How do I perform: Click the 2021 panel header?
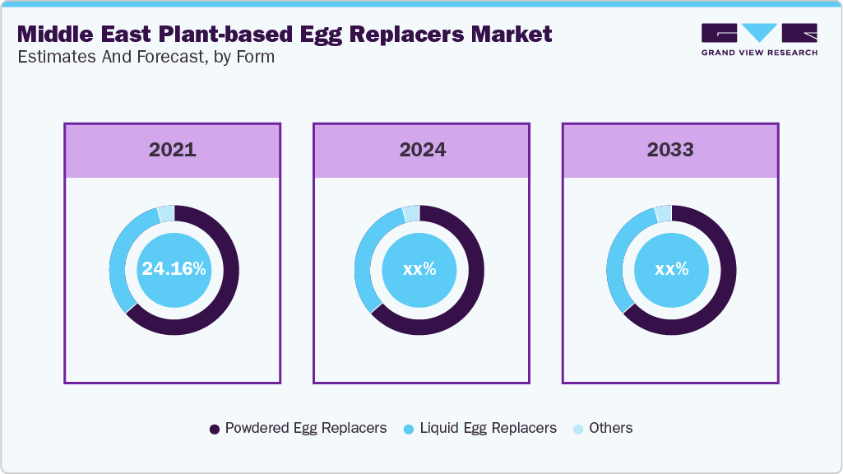click(x=173, y=150)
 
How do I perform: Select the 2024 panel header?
click(x=422, y=150)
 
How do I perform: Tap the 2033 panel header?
click(x=670, y=150)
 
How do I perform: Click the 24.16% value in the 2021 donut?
click(x=174, y=269)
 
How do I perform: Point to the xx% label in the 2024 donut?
click(x=419, y=269)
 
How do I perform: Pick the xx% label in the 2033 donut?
click(x=671, y=269)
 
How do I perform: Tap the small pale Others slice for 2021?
click(x=165, y=213)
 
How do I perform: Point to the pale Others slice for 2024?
click(x=411, y=213)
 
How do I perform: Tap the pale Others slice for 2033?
click(x=663, y=213)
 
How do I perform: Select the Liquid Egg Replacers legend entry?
click(x=480, y=428)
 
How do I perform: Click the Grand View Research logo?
click(x=759, y=39)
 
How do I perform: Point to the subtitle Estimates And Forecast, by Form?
click(x=146, y=57)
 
